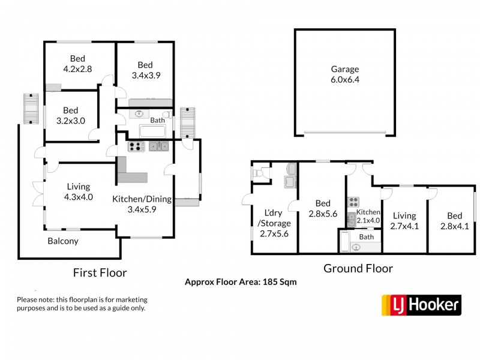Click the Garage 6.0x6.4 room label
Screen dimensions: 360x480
(x=345, y=74)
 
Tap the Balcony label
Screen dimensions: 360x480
(x=63, y=241)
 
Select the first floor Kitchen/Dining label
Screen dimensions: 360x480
(x=143, y=204)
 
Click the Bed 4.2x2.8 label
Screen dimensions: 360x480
(x=77, y=64)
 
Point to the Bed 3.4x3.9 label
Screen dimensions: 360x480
(x=145, y=70)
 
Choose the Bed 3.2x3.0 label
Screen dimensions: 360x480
(x=71, y=115)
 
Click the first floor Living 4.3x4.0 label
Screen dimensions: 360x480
(x=79, y=191)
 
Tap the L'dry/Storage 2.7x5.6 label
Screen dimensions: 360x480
(x=274, y=223)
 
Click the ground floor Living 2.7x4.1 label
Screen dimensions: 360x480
(x=404, y=221)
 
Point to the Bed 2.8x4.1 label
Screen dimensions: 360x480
(x=454, y=221)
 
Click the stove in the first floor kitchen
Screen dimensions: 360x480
(x=135, y=146)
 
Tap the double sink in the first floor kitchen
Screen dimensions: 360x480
(x=159, y=146)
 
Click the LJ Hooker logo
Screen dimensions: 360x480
(x=421, y=305)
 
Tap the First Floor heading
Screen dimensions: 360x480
(x=100, y=272)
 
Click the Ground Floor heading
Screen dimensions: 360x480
(x=358, y=268)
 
